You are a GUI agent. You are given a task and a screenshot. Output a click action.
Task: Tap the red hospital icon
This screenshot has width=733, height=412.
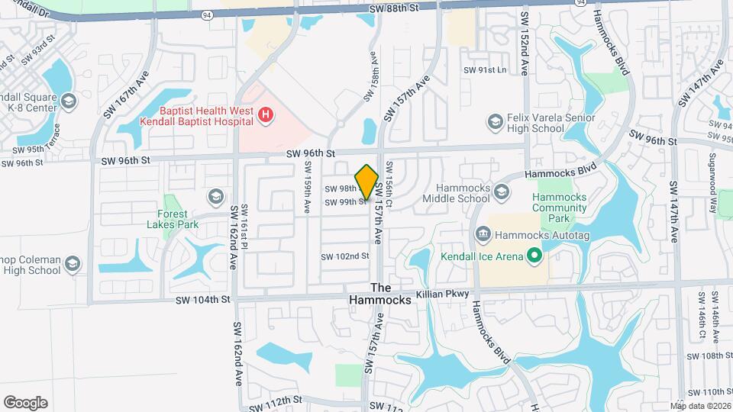point(265,115)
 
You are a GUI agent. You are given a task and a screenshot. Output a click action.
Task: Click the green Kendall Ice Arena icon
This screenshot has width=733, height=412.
point(534,256)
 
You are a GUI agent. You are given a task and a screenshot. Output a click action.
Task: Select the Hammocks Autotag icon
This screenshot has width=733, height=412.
point(482,233)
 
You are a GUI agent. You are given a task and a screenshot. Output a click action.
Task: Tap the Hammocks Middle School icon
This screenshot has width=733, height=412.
point(501,192)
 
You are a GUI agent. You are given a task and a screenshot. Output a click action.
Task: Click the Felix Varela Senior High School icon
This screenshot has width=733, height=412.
point(496,121)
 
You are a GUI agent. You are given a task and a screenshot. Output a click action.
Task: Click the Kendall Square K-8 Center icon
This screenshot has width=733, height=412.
point(69,101)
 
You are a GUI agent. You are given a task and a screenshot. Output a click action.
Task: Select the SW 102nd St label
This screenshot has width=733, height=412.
point(344,256)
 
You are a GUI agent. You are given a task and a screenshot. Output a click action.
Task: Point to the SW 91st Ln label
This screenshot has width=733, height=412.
point(485,69)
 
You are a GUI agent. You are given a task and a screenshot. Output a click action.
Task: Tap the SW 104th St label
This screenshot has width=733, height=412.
point(204,300)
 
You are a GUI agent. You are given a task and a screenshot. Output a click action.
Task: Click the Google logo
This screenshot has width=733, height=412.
point(25,403)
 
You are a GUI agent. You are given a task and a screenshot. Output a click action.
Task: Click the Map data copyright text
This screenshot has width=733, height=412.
point(700,405)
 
